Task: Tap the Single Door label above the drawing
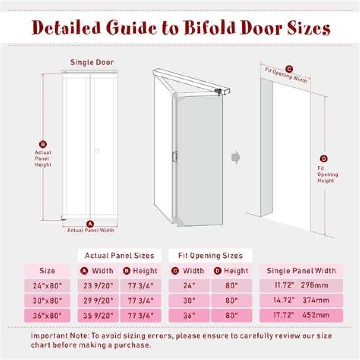point(92,63)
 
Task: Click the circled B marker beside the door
point(43,143)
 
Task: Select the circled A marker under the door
point(90,223)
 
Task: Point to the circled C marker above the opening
point(289,69)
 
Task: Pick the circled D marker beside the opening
point(324,159)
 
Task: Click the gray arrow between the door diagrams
point(236,157)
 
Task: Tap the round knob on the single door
point(97,149)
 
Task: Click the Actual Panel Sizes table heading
point(119,255)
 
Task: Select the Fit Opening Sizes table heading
point(210,255)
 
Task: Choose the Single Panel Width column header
point(301,271)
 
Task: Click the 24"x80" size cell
point(47,286)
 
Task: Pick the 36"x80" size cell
point(47,315)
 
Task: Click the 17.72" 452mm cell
point(301,315)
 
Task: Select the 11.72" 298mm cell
point(301,286)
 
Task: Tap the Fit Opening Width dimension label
point(286,76)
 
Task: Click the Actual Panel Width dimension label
point(91,230)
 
